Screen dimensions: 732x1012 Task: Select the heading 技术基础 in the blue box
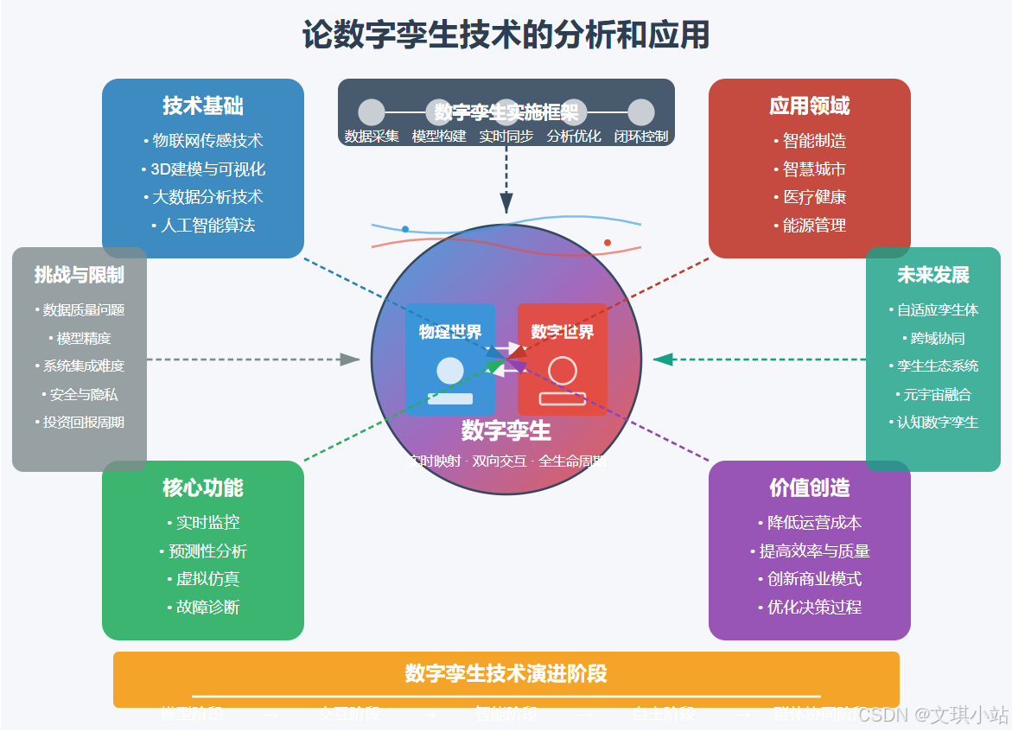pyautogui.click(x=203, y=106)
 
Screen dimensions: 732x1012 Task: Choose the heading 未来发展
pyautogui.click(x=933, y=276)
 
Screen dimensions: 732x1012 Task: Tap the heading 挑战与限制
pyautogui.click(x=80, y=276)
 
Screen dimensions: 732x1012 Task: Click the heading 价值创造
pyautogui.click(x=810, y=488)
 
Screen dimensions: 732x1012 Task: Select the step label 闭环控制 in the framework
pyautogui.click(x=641, y=137)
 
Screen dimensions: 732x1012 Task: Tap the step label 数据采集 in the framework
pyautogui.click(x=372, y=137)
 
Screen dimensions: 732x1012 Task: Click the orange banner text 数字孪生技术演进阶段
pyautogui.click(x=506, y=674)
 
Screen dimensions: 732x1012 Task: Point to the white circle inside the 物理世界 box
pyautogui.click(x=450, y=371)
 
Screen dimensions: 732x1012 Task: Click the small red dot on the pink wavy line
pyautogui.click(x=608, y=243)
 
